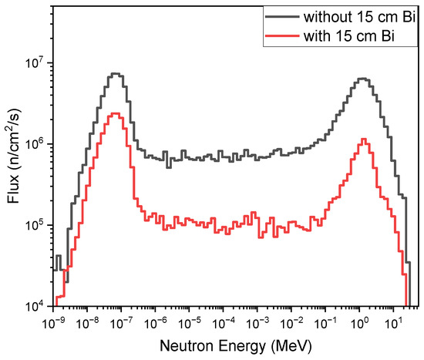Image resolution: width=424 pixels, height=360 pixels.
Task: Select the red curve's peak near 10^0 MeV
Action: click(x=363, y=140)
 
